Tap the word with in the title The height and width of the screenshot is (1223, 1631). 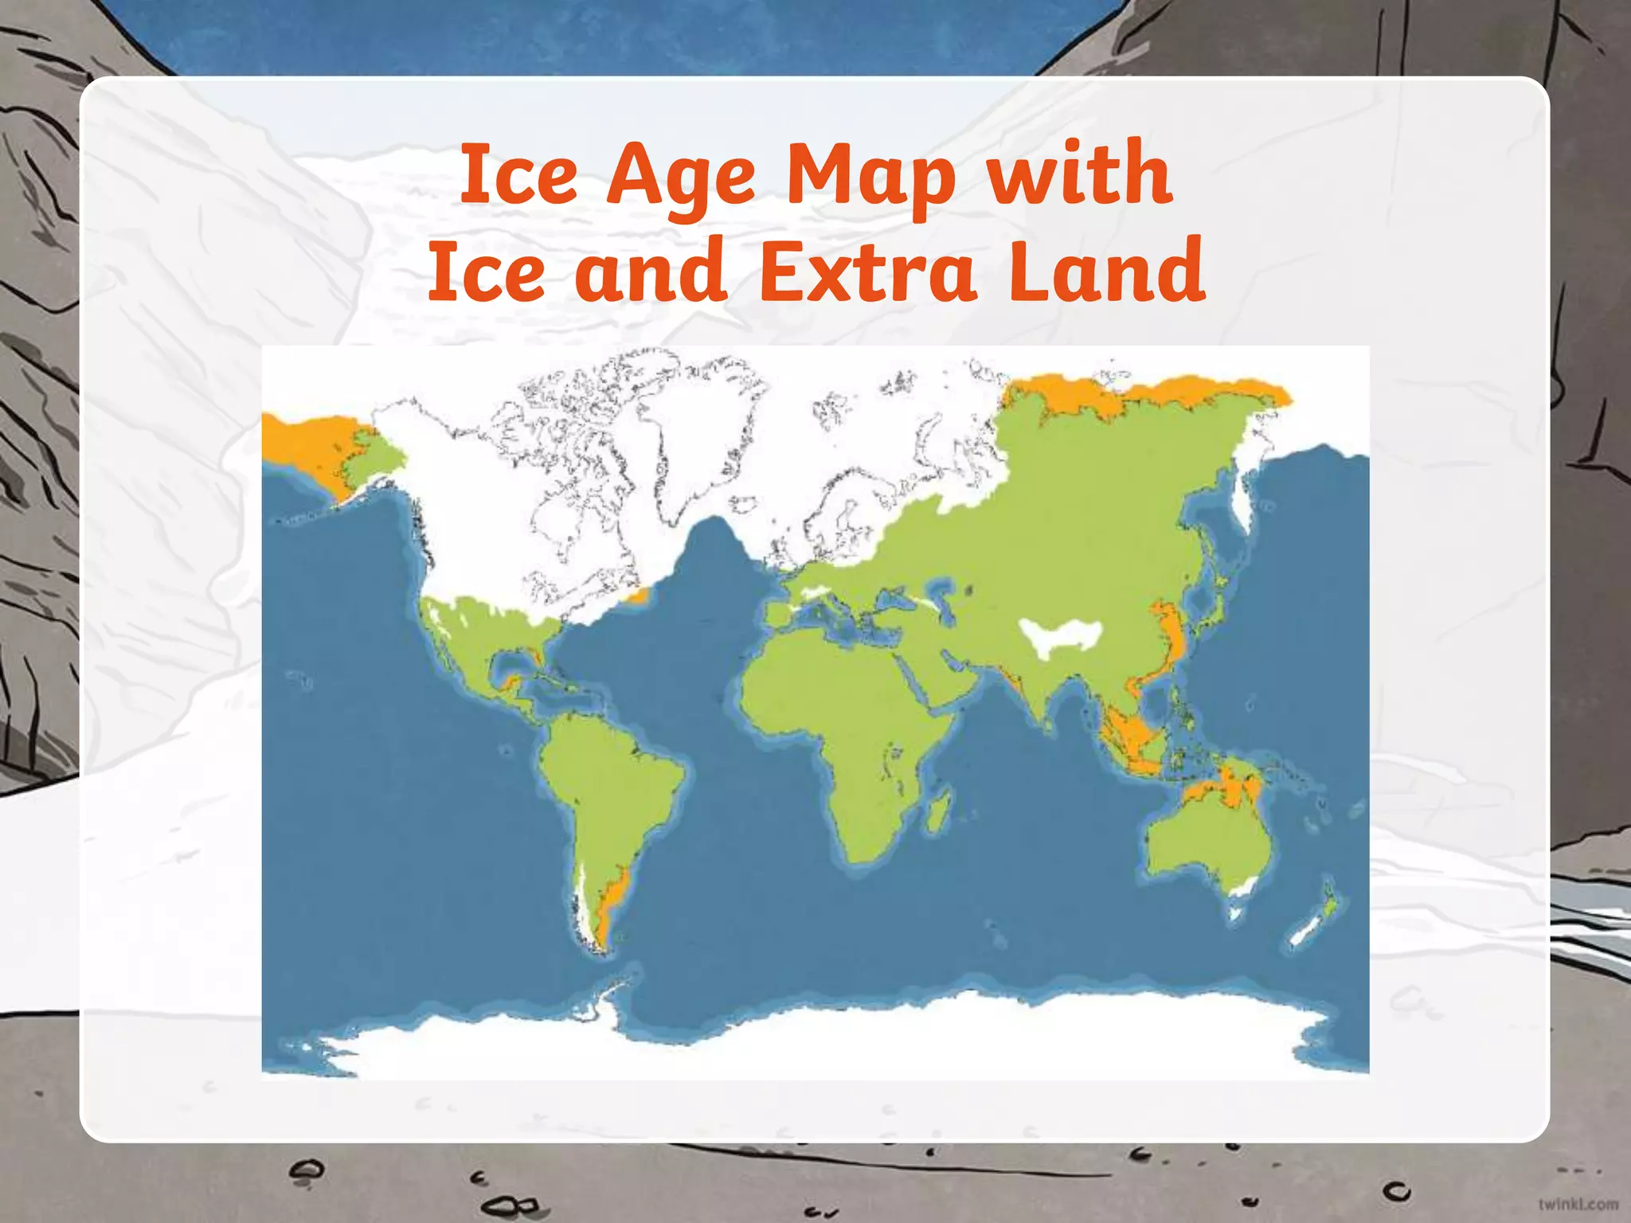tap(1079, 174)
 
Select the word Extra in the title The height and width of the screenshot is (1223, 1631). tap(868, 271)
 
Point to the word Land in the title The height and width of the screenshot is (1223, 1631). tap(1107, 271)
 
